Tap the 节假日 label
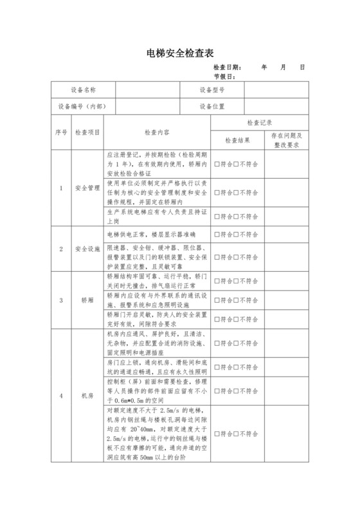tap(225, 76)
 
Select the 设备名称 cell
tap(83, 90)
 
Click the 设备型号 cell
tap(212, 90)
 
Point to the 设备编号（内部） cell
tap(83, 107)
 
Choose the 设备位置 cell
tap(212, 107)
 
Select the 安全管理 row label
tap(87, 188)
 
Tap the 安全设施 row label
tap(87, 248)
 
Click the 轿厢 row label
tap(87, 299)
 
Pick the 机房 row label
tap(87, 396)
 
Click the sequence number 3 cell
tap(61, 299)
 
